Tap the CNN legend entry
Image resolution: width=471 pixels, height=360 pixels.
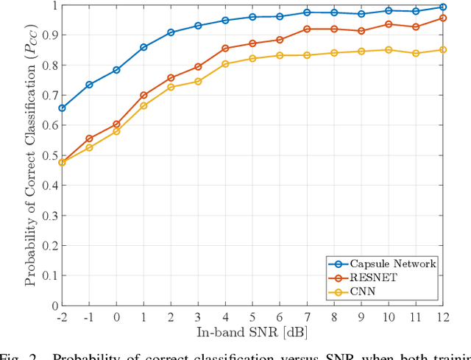[x=369, y=292]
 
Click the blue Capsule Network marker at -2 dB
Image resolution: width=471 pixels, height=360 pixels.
[x=62, y=108]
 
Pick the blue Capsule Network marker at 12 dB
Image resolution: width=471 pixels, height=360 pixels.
[x=442, y=7]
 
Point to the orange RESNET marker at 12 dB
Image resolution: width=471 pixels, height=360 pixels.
[x=442, y=18]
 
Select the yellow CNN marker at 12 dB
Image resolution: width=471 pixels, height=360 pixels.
[x=442, y=50]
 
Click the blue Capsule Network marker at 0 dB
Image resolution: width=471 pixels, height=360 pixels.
[x=116, y=70]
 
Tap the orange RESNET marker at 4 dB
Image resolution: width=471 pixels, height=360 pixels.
[x=225, y=49]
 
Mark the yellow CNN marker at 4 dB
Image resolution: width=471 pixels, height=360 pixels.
[x=225, y=64]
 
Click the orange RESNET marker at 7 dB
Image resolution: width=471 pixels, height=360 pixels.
[x=307, y=29]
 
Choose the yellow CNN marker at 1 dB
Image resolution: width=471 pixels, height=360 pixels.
[x=144, y=105]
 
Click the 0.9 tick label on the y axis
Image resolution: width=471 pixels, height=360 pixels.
[x=46, y=35]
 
